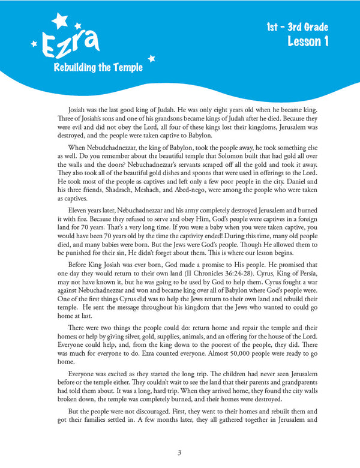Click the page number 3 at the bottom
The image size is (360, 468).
point(179,452)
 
